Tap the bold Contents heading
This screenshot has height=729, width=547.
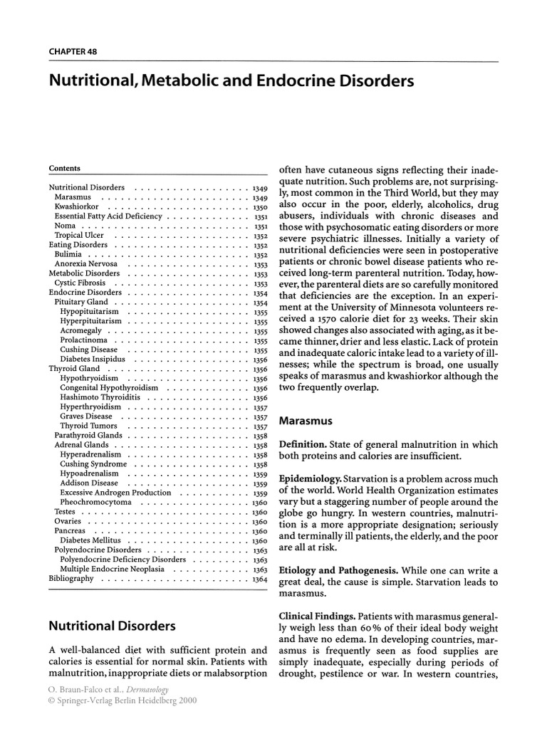point(64,169)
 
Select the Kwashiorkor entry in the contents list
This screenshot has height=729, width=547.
point(76,206)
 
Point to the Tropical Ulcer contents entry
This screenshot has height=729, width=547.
point(79,235)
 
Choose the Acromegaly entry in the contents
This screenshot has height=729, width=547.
point(80,331)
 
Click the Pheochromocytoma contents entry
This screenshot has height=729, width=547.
point(96,502)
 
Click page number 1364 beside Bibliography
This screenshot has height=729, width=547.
point(259,579)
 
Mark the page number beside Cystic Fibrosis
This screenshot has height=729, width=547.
point(259,283)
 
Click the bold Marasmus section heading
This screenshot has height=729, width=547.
point(305,421)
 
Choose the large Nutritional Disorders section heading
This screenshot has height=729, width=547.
point(112,626)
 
